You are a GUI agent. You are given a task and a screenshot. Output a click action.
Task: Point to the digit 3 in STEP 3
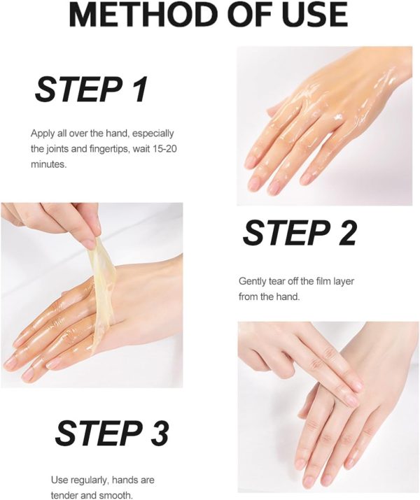157,433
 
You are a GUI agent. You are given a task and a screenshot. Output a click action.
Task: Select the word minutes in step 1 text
48,164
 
